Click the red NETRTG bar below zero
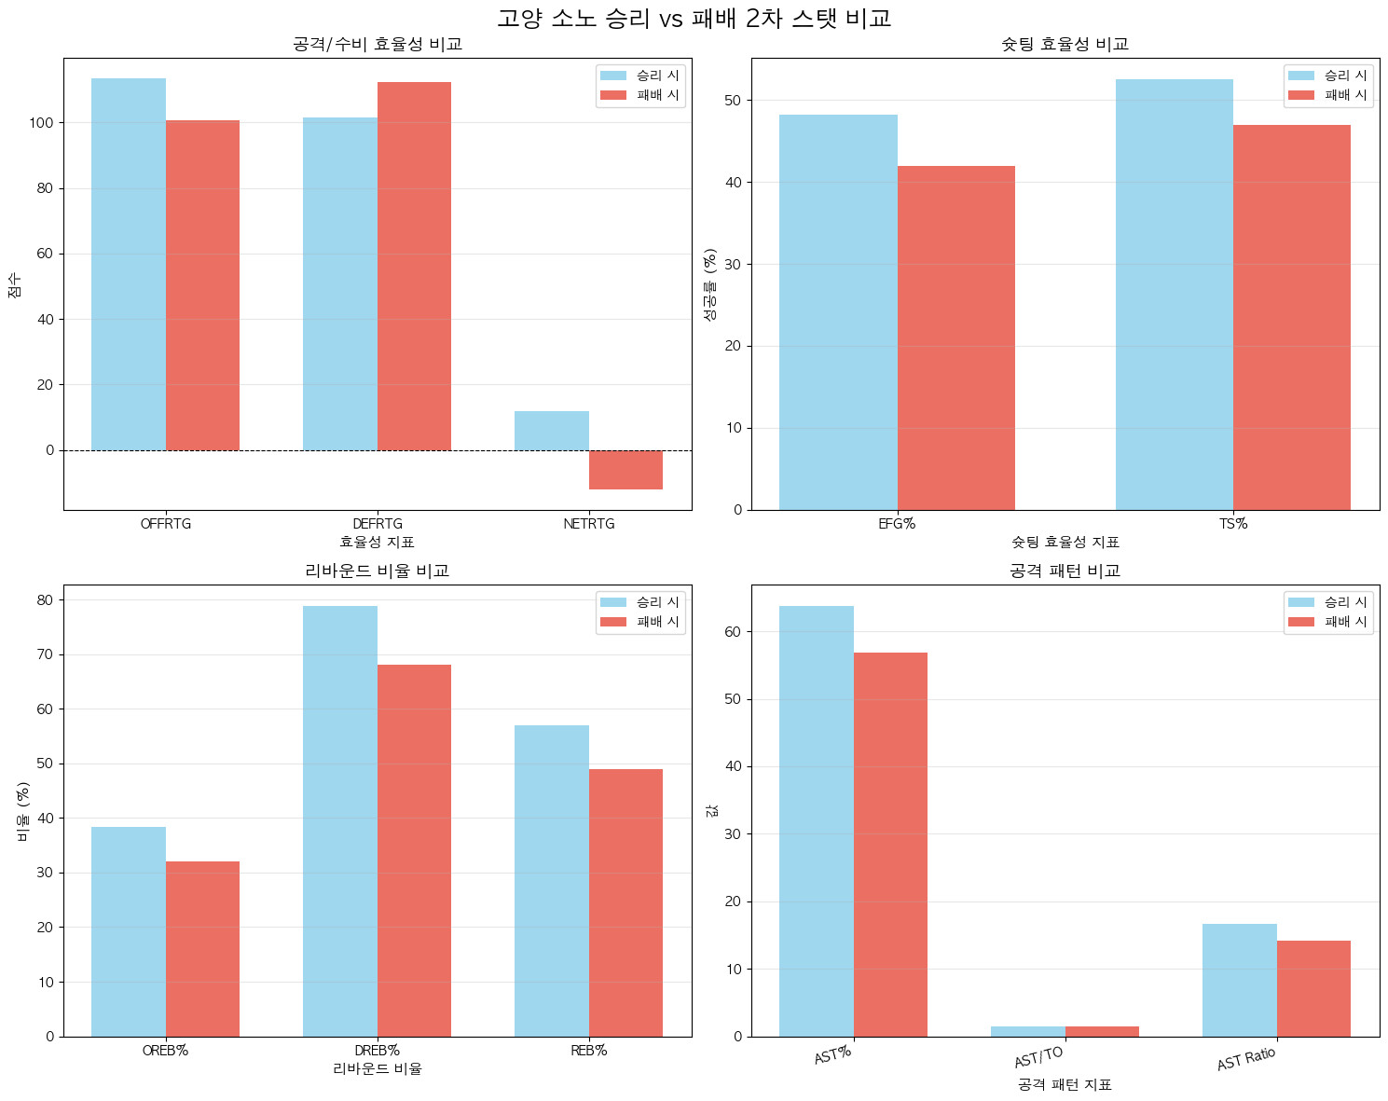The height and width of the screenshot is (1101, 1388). point(625,470)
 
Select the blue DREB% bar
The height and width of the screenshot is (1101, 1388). point(340,820)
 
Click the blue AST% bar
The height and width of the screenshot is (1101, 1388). point(816,820)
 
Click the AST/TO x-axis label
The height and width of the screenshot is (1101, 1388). point(1038,1057)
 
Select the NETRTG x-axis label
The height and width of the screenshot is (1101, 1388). point(589,524)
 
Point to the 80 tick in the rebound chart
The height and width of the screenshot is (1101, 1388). point(45,600)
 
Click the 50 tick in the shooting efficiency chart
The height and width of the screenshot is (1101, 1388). point(733,101)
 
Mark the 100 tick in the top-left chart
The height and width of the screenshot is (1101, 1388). point(41,123)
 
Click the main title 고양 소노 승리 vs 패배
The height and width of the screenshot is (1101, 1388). point(694,19)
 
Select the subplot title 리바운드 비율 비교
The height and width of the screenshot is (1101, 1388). point(378,571)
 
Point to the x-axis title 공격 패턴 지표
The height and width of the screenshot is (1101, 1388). point(1065,1085)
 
